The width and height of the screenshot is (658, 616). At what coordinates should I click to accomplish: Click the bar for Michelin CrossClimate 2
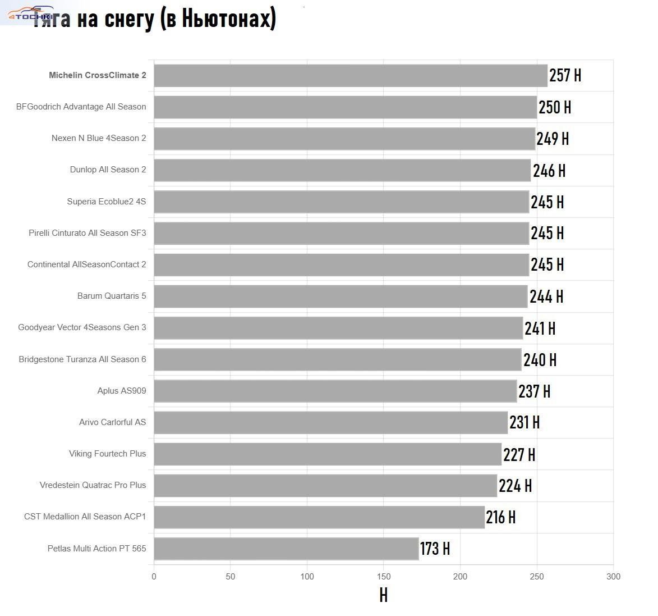(x=351, y=76)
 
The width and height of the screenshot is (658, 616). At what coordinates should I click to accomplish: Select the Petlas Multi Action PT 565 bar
(x=286, y=549)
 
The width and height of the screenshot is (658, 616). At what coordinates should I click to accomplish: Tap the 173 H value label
(x=435, y=549)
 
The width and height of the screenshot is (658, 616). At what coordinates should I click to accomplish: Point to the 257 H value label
(x=565, y=75)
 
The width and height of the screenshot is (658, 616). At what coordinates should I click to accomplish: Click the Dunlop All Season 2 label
(x=108, y=170)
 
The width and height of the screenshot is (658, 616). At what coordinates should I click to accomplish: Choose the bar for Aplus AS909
(x=335, y=391)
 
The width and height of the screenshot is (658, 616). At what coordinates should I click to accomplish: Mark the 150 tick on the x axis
(x=384, y=577)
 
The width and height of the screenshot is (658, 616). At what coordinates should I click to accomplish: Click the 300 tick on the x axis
(x=613, y=577)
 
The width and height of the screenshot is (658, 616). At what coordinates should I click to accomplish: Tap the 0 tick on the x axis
(x=154, y=577)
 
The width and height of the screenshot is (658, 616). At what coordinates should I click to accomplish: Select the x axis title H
(x=384, y=595)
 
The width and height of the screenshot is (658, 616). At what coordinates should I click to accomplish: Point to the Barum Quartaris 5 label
(x=112, y=296)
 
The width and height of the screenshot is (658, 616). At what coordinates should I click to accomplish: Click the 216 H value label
(x=500, y=517)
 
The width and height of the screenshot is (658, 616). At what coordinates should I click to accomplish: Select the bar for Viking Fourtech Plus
(x=328, y=454)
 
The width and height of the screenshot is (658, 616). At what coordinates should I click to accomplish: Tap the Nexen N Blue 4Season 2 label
(x=99, y=138)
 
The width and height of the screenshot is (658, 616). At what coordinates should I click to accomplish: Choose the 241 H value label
(x=540, y=328)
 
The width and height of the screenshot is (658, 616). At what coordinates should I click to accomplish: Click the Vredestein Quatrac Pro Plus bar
(x=325, y=486)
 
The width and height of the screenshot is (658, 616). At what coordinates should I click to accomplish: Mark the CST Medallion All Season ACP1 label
(x=85, y=517)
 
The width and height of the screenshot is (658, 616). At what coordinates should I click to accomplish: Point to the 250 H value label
(x=554, y=107)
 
